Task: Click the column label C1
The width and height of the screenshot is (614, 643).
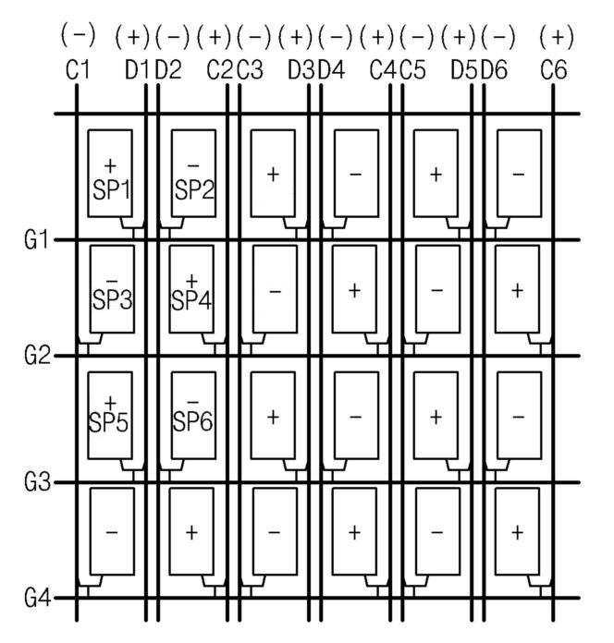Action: (78, 69)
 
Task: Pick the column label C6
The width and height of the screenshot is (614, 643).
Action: (556, 69)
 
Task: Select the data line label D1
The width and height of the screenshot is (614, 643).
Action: (138, 69)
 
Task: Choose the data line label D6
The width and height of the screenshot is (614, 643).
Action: (495, 69)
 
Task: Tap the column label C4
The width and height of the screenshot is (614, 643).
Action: (380, 69)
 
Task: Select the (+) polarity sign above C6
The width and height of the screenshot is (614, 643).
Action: (556, 36)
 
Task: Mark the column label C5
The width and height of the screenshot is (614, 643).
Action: (414, 69)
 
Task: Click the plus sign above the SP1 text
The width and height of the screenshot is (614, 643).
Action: (111, 166)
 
